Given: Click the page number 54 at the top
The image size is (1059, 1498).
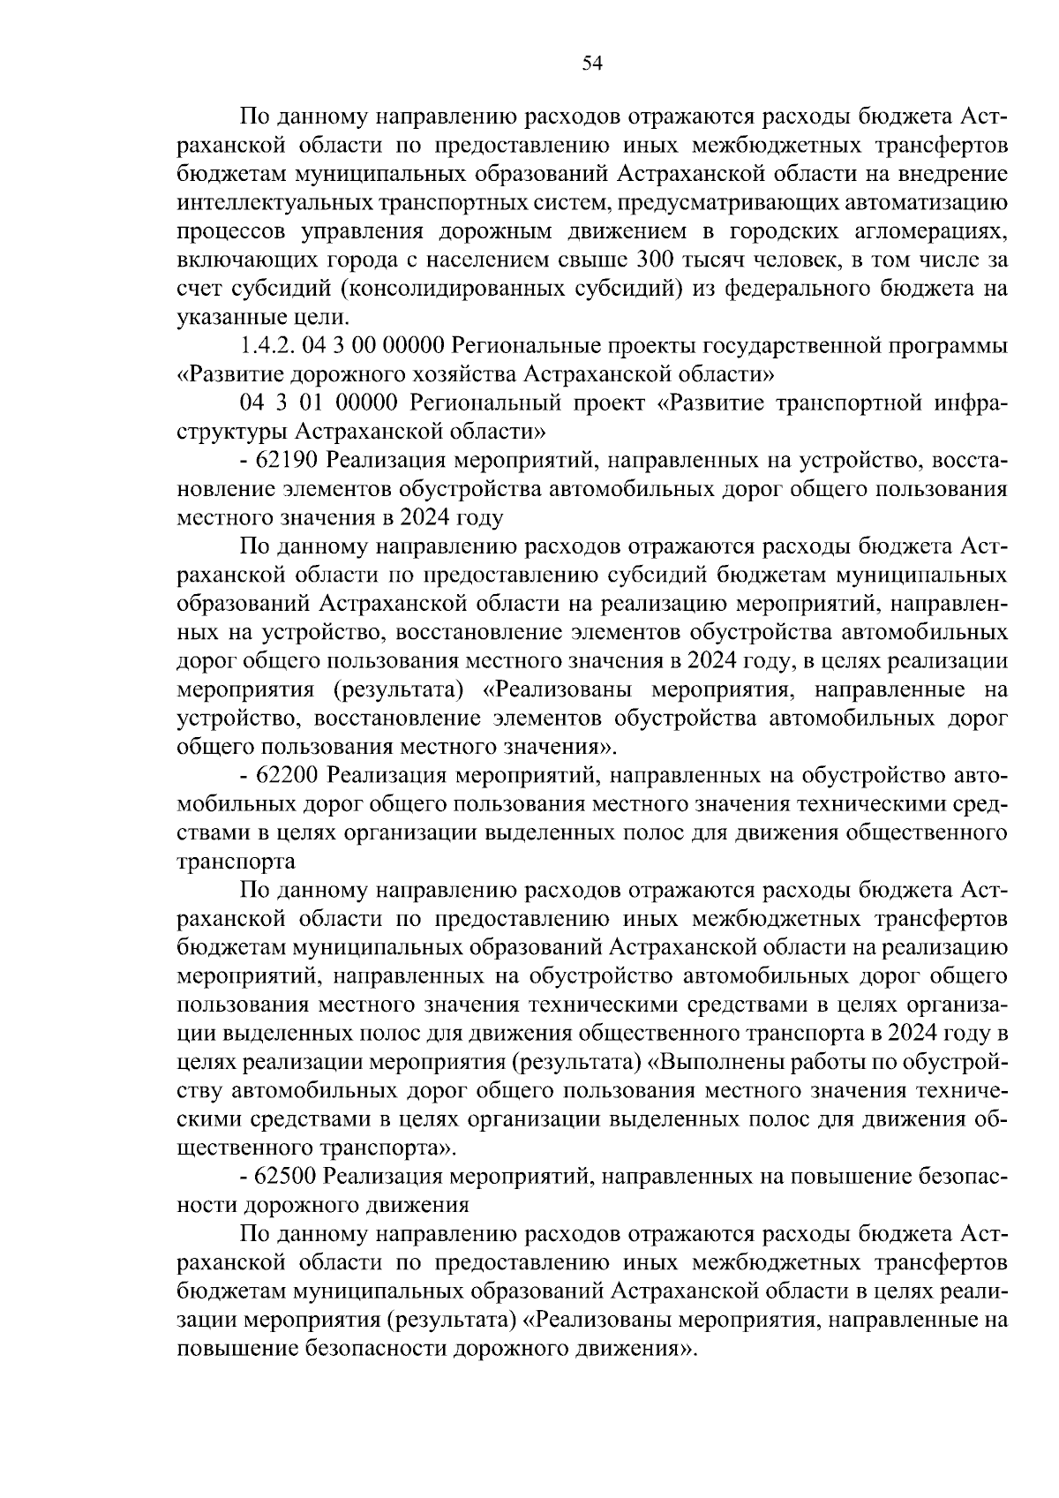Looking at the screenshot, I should (592, 63).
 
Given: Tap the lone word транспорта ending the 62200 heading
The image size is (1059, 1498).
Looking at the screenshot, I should (237, 861).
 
